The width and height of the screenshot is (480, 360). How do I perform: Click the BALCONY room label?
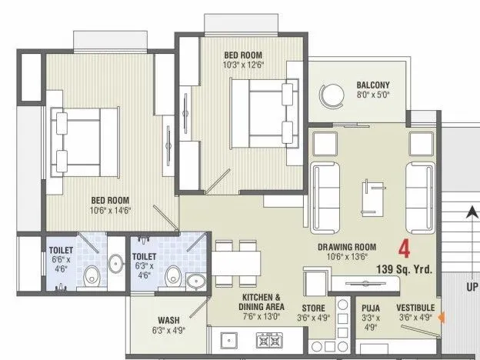point(372,85)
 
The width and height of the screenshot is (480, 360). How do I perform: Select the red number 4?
point(404,248)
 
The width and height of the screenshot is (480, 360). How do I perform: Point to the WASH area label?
point(169,320)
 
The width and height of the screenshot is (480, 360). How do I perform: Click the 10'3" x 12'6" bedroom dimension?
point(243,66)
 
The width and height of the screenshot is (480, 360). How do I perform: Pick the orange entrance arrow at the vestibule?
point(440,315)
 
